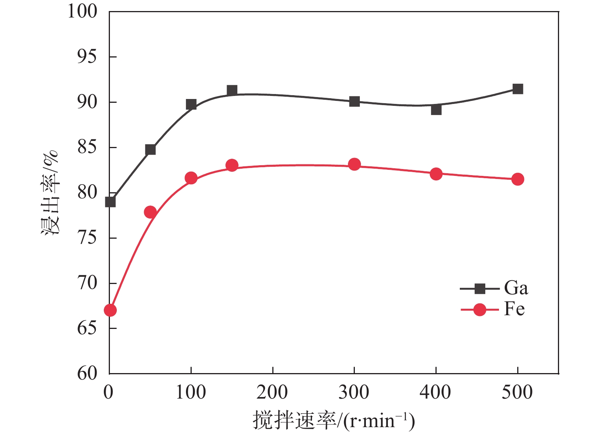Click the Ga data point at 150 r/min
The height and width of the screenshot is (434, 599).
[x=232, y=91]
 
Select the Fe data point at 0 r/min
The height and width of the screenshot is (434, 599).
[x=110, y=310]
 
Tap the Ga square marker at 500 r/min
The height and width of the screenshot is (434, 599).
[x=518, y=89]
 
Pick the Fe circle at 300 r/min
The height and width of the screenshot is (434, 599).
[x=354, y=164]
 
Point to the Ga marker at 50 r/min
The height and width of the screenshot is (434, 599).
[x=151, y=150]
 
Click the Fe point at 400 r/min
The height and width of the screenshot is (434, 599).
[x=436, y=174]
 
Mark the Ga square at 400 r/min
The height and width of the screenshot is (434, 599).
[x=436, y=110]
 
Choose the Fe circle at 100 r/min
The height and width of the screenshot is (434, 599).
[x=191, y=178]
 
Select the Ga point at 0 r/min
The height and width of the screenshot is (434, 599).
[x=110, y=202]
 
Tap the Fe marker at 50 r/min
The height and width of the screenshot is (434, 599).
[x=151, y=212]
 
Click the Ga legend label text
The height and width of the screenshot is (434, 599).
[x=516, y=288]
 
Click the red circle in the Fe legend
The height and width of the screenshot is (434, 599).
[x=480, y=310]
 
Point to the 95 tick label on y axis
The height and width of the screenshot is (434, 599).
[x=87, y=57]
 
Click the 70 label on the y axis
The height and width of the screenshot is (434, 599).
[x=87, y=283]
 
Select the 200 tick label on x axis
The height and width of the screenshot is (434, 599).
[x=272, y=392]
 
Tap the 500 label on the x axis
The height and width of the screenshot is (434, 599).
[x=517, y=392]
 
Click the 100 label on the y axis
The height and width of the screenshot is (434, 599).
[x=83, y=12]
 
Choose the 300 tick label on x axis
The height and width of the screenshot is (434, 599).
[x=354, y=392]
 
